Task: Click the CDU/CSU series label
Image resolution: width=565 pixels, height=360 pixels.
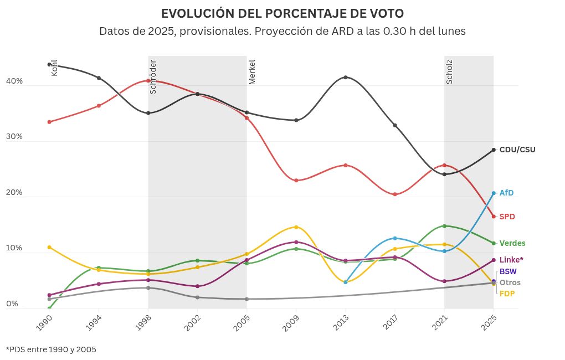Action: [517, 150]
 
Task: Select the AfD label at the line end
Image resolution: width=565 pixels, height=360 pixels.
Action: [506, 193]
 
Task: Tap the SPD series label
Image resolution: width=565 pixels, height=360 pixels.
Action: [507, 217]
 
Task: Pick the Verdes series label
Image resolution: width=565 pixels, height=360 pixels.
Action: [512, 243]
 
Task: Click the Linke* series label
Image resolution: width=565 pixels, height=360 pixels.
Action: [511, 260]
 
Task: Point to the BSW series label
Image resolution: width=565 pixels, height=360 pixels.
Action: [507, 271]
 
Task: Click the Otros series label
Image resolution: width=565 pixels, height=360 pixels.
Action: [510, 283]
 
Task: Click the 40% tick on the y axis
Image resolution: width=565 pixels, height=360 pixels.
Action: [14, 81]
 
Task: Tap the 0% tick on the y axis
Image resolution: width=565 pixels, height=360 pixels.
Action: [12, 304]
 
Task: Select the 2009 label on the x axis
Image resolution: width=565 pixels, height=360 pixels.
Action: [291, 323]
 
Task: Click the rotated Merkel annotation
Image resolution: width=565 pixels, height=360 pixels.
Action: [252, 72]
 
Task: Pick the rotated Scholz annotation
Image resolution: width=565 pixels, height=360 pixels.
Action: [449, 72]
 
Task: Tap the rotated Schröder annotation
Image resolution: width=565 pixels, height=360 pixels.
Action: [153, 76]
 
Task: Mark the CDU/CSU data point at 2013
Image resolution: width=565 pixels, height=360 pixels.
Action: [346, 78]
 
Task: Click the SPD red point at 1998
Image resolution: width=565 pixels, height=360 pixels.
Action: [148, 81]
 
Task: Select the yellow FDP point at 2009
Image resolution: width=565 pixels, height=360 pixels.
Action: [296, 227]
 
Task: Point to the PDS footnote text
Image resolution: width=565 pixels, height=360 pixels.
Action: [51, 350]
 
